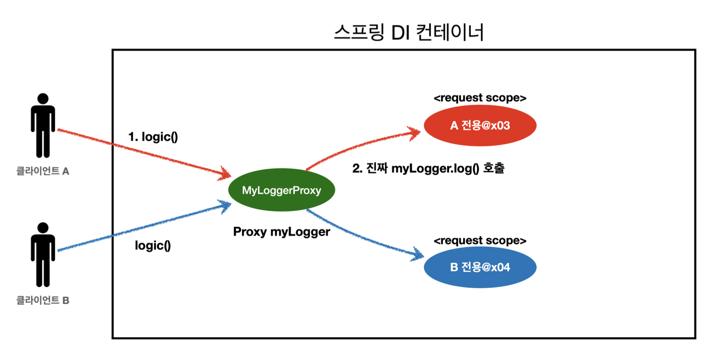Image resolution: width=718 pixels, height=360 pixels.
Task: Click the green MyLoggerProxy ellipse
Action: click(282, 190)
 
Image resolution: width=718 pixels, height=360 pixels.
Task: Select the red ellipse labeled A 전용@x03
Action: click(480, 125)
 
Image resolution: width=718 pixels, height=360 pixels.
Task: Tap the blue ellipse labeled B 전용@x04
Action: click(480, 267)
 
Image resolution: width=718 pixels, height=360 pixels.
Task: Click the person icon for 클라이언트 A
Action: click(43, 126)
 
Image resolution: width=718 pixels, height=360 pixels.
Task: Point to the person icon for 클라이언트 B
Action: click(43, 255)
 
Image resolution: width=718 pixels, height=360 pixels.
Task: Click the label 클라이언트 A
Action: click(43, 171)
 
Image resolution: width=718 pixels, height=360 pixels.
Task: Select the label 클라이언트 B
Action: click(43, 301)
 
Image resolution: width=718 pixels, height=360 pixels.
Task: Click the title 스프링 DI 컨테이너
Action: click(409, 32)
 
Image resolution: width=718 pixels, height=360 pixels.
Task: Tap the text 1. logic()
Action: click(153, 137)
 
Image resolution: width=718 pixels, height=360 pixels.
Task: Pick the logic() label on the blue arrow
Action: click(153, 245)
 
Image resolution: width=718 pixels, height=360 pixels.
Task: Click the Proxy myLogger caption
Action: click(282, 231)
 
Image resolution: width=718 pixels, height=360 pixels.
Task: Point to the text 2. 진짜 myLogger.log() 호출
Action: click(428, 168)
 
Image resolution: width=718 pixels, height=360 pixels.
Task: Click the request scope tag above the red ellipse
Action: click(480, 98)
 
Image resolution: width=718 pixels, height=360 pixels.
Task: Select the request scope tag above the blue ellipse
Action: click(480, 241)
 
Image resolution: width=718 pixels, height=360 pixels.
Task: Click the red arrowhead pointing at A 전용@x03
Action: click(416, 133)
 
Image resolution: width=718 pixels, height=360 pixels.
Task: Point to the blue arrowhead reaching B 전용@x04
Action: click(418, 254)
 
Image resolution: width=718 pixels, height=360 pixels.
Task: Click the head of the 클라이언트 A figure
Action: click(43, 98)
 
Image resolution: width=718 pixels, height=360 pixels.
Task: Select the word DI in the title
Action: click(400, 33)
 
